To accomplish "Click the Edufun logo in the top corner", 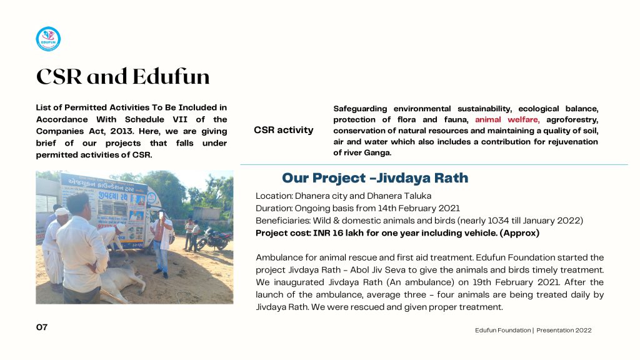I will pyautogui.click(x=48, y=39).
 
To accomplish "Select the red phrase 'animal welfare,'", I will pyautogui.click(x=507, y=119).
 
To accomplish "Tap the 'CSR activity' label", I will pyautogui.click(x=284, y=130).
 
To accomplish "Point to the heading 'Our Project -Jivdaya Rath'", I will pyautogui.click(x=375, y=178).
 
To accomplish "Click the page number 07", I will pyautogui.click(x=42, y=327).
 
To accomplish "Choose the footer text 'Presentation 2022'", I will pyautogui.click(x=564, y=330).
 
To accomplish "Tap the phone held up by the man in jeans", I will pyautogui.click(x=162, y=215).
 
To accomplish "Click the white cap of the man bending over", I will pyautogui.click(x=61, y=212).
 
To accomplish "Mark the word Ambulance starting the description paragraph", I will pyautogui.click(x=279, y=257).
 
